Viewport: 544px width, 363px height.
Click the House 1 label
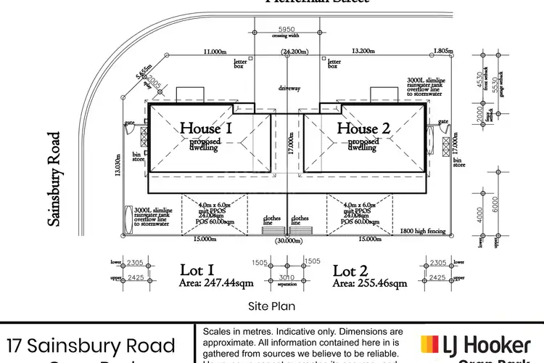click(x=206, y=129)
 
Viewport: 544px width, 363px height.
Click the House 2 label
click(x=363, y=129)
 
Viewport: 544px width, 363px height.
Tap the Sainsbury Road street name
click(x=54, y=179)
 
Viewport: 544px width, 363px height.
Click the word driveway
click(x=289, y=88)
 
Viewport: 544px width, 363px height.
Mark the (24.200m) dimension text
click(x=294, y=52)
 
